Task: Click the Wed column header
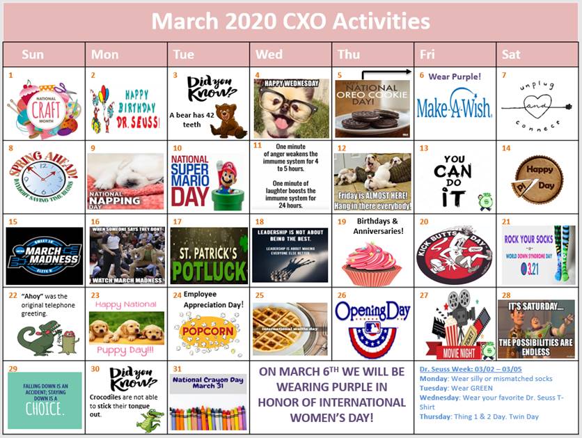point(290,54)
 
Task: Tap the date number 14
point(506,148)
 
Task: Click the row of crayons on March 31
point(208,417)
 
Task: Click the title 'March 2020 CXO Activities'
point(290,22)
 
